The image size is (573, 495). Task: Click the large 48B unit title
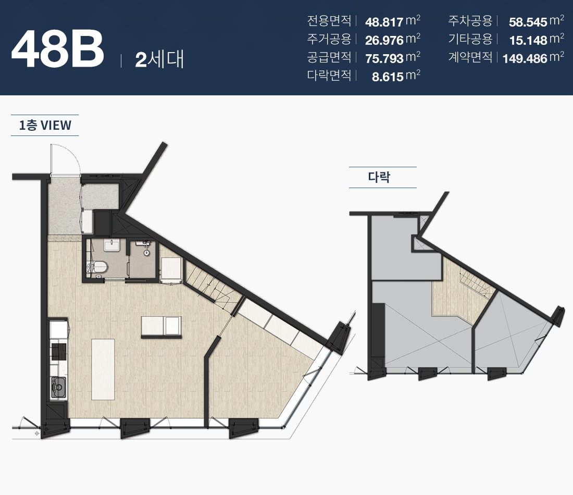[58, 49]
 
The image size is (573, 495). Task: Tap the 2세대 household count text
[159, 59]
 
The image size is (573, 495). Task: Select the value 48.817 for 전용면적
[384, 22]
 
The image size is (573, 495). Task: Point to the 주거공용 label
[329, 39]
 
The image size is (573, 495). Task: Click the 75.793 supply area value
[384, 58]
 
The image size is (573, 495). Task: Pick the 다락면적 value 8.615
[388, 77]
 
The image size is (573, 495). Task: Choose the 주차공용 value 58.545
[528, 22]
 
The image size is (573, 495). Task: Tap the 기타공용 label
[470, 39]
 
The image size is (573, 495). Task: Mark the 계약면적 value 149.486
[525, 58]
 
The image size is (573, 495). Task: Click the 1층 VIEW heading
[45, 126]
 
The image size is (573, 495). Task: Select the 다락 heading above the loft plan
[379, 177]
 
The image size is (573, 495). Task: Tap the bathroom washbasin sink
[112, 245]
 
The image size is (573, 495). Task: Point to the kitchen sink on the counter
[58, 387]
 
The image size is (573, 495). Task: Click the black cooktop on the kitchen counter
[58, 352]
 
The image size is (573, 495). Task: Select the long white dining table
[103, 369]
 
